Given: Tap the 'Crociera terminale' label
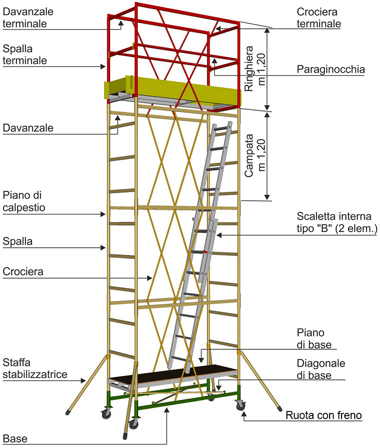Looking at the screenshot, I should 319,17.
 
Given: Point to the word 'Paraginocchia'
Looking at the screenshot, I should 331,70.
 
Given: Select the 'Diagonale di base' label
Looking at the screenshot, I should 321,369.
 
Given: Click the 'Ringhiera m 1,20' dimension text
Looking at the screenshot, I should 254,67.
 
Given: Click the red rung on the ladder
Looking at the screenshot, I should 205,252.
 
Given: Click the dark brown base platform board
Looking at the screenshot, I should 173,373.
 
